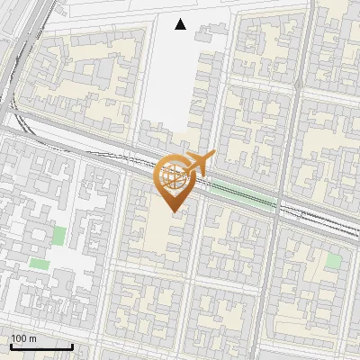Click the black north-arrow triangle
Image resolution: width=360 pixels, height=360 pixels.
click(181, 24)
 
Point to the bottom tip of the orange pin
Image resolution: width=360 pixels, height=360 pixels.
click(173, 213)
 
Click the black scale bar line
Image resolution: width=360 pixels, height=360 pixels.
click(41, 346)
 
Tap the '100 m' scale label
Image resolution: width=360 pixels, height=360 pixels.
click(23, 338)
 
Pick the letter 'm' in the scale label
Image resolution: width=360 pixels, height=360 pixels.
click(32, 338)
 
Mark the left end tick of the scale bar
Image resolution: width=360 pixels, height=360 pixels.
click(11, 345)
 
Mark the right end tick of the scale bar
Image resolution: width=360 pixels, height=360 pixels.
click(72, 345)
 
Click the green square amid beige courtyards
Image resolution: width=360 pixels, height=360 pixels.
click(334, 261)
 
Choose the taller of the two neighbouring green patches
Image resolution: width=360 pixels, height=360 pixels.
click(59, 236)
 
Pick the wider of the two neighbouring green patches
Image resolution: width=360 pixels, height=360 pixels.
click(39, 264)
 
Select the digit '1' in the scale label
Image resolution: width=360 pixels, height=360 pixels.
click(14, 338)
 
